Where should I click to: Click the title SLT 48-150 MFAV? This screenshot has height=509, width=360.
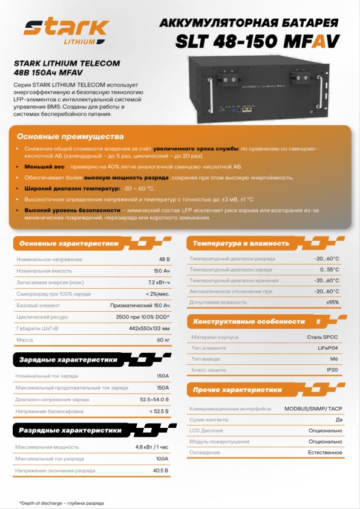coord(257,41)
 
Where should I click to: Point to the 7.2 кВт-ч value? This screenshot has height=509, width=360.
coord(159,282)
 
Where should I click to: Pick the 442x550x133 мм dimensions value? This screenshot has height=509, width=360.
coord(149,328)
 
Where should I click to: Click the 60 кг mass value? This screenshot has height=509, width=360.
coord(163,340)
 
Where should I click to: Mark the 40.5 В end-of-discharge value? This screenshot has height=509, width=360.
coord(161,470)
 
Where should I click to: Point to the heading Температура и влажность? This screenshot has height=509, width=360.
coord(241,243)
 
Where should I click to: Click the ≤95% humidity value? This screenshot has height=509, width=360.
coord(333,301)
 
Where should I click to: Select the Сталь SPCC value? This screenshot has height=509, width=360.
coord(323,337)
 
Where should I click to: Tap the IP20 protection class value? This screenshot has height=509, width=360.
coord(333,369)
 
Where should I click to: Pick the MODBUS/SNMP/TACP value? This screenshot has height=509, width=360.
coord(313,409)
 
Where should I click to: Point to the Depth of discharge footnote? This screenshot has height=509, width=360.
coord(61,503)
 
